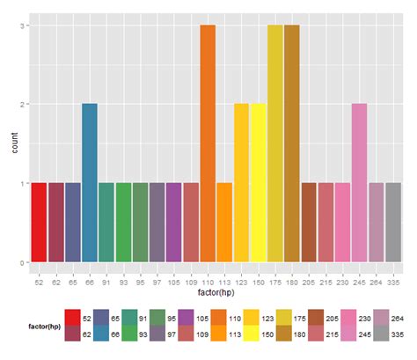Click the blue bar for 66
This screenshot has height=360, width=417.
coord(90,182)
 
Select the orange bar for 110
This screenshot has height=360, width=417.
coord(208,143)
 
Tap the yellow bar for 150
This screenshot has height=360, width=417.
coord(258,182)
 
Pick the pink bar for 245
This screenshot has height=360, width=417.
coord(359,182)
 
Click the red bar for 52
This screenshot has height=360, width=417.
coord(39,222)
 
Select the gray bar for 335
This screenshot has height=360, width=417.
coord(392,222)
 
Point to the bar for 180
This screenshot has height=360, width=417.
coord(291,143)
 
